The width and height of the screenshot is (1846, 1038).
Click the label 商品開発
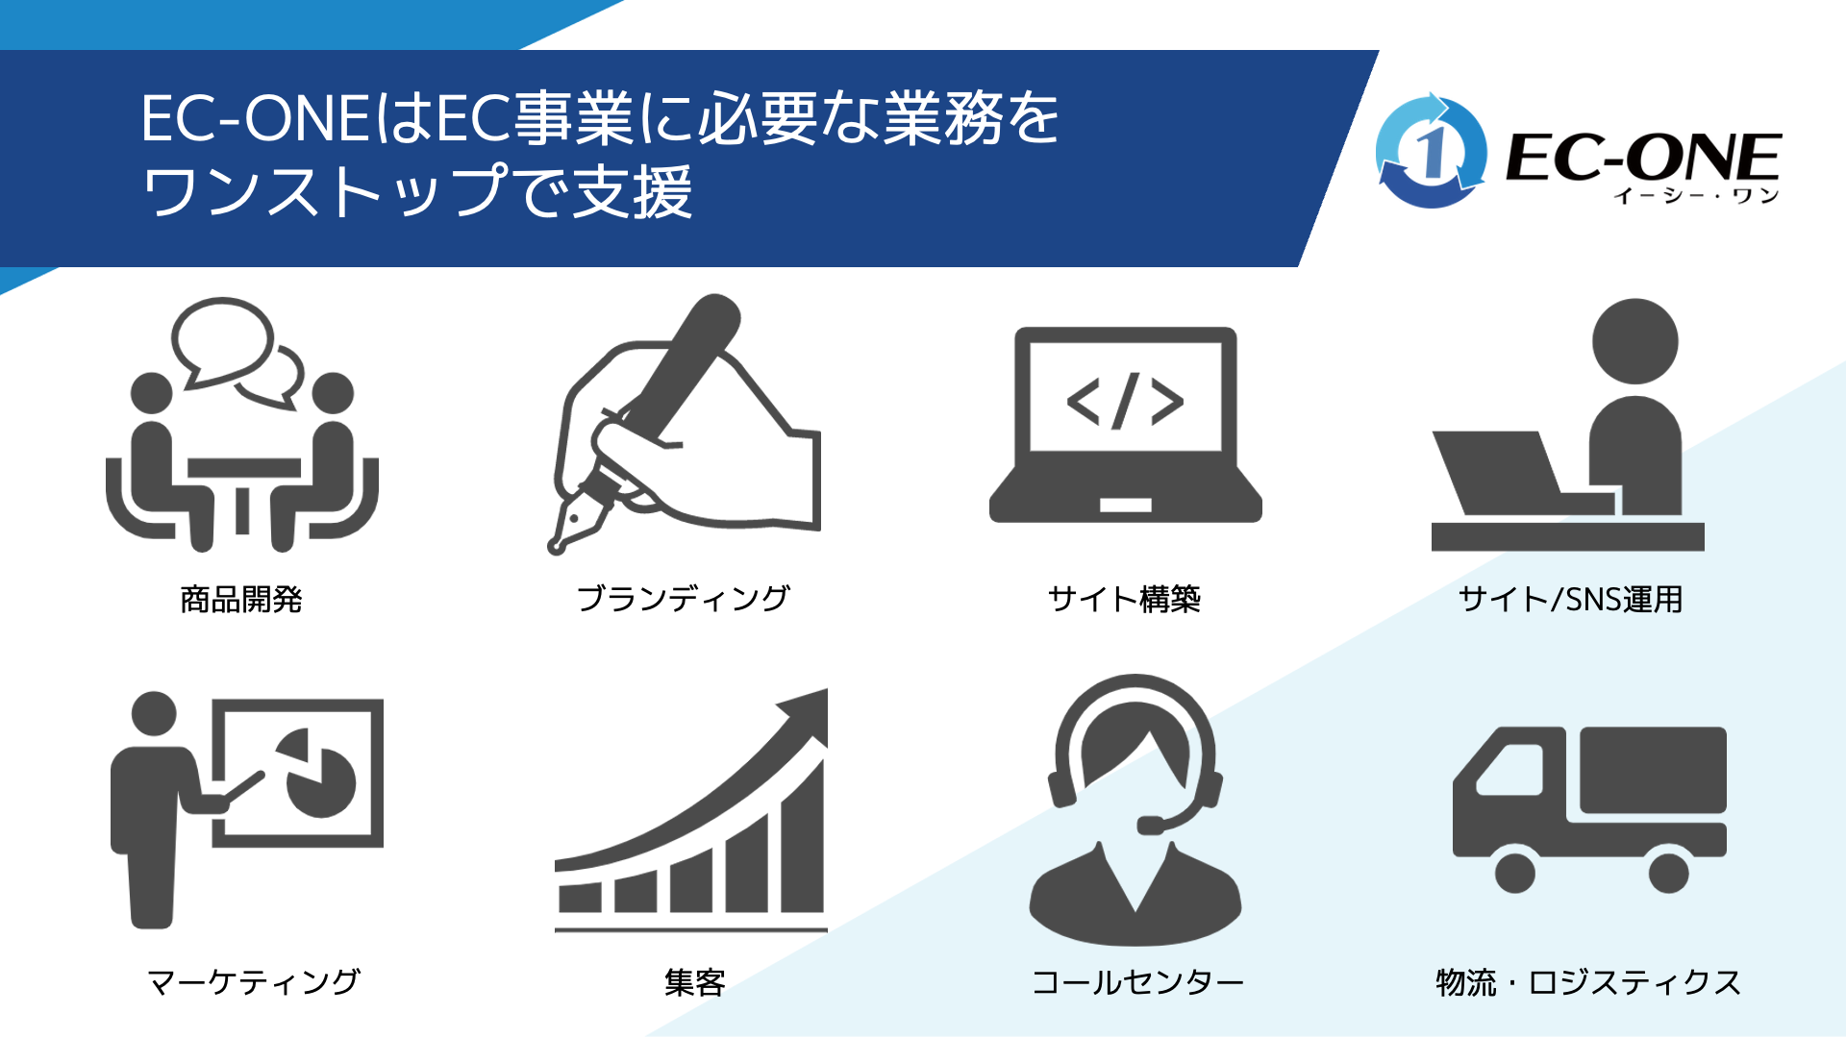pyautogui.click(x=241, y=599)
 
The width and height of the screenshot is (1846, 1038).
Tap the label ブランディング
pyautogui.click(x=683, y=599)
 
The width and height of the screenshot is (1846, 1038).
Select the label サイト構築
pyautogui.click(x=1124, y=599)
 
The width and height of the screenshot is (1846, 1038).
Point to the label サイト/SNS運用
pyautogui.click(x=1570, y=599)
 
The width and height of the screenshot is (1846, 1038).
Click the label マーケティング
pyautogui.click(x=253, y=981)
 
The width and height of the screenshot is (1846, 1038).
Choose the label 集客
pyautogui.click(x=694, y=981)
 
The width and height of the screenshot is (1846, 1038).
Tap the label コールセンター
pyautogui.click(x=1137, y=981)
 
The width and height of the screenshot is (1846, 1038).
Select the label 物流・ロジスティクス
pyautogui.click(x=1588, y=981)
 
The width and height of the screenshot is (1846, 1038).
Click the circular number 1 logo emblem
pyautogui.click(x=1431, y=151)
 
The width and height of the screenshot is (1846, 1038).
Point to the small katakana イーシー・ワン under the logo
pyautogui.click(x=1696, y=196)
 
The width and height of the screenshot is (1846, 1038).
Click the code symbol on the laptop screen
pyautogui.click(x=1125, y=400)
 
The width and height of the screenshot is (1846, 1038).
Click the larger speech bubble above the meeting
pyautogui.click(x=222, y=342)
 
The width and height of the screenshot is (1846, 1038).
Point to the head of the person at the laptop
pyautogui.click(x=1635, y=341)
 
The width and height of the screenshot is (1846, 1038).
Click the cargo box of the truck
pyautogui.click(x=1653, y=770)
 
